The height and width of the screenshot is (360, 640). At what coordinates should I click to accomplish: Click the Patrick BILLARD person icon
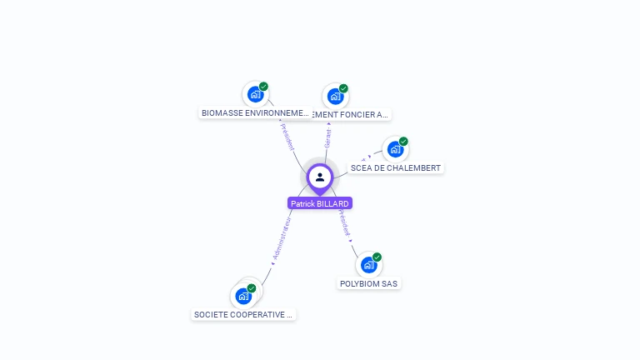[320, 177]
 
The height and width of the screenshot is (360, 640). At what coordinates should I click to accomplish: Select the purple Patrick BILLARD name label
[320, 203]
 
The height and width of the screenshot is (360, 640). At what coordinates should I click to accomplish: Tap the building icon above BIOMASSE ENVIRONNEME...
[255, 94]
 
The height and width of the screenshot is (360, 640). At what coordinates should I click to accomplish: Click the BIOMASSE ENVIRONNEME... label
[255, 112]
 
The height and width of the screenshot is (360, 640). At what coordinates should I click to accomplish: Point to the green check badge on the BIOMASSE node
[263, 87]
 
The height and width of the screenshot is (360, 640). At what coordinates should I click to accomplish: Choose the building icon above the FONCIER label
[335, 96]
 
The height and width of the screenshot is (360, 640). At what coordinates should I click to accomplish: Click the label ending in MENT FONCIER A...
[350, 114]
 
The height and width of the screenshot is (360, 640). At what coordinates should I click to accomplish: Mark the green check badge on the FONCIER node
[343, 88]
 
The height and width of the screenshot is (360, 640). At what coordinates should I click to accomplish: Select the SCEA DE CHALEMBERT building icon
[395, 149]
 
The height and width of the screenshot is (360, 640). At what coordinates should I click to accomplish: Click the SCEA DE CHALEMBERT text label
[396, 167]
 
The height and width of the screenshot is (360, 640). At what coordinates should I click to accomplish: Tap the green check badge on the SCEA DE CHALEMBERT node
[403, 142]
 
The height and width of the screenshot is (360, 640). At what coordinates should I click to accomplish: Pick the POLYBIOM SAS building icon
[368, 265]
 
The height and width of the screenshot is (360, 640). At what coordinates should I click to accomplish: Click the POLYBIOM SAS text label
[369, 283]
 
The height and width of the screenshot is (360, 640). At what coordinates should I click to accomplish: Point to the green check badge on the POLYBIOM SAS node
[377, 257]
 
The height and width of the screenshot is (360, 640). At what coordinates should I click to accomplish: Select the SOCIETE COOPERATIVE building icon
[243, 295]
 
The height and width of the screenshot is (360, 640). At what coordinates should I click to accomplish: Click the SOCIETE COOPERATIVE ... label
[243, 314]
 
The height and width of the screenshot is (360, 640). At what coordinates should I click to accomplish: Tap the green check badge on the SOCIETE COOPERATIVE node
[252, 288]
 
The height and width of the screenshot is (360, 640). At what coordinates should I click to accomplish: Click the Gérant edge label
[328, 138]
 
